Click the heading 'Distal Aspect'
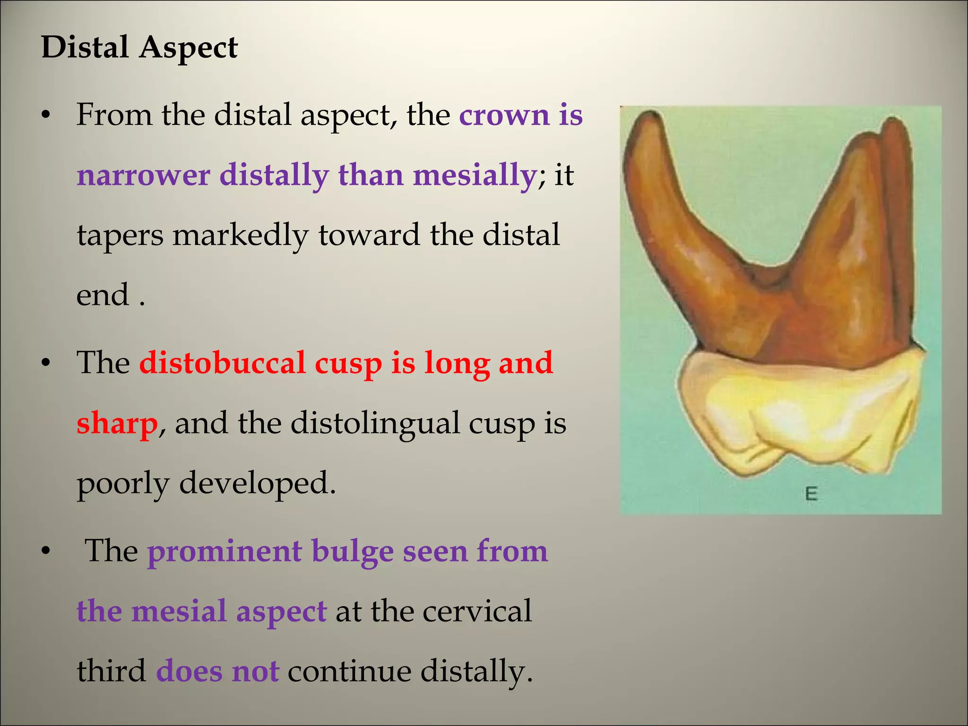pos(139,48)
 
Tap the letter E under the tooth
pos(811,494)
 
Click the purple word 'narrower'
pos(143,175)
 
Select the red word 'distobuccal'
pos(222,363)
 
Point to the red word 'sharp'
pos(117,423)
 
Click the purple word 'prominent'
pos(225,551)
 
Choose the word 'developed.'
pos(258,483)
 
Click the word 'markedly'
pos(240,235)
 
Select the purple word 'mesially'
pos(475,175)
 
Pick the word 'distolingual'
pos(375,423)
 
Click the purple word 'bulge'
pos(351,551)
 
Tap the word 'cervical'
pos(477,611)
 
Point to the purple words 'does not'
pos(217,671)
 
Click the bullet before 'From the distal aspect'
pos(45,116)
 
